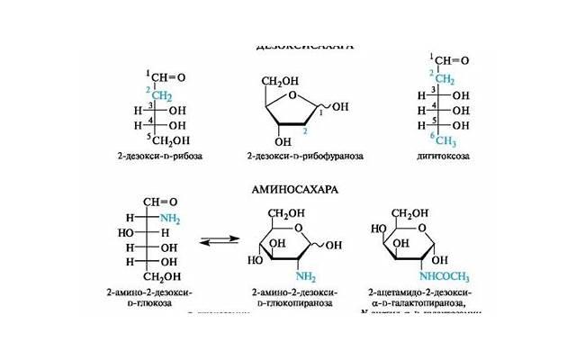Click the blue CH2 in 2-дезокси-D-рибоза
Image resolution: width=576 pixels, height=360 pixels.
pos(161,94)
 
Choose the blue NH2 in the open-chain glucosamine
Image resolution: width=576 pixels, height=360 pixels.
pos(168,219)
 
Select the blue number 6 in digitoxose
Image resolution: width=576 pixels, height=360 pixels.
pos(431,135)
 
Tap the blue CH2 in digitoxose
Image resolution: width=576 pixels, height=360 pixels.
pos(445,78)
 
